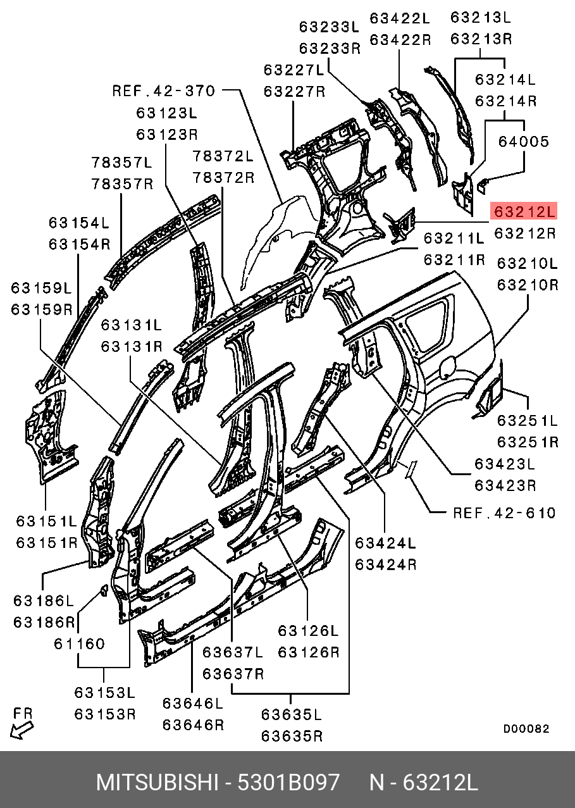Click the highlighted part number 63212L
[x=524, y=211]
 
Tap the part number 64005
[x=523, y=142]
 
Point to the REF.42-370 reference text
[x=164, y=90]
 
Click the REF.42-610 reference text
[x=504, y=512]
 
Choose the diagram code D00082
[x=526, y=729]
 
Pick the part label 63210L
[x=527, y=263]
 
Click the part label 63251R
[x=527, y=441]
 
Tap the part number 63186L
[x=44, y=600]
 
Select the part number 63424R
[x=385, y=564]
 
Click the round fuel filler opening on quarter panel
[x=447, y=366]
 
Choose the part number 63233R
[x=330, y=48]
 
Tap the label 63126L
[x=308, y=631]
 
